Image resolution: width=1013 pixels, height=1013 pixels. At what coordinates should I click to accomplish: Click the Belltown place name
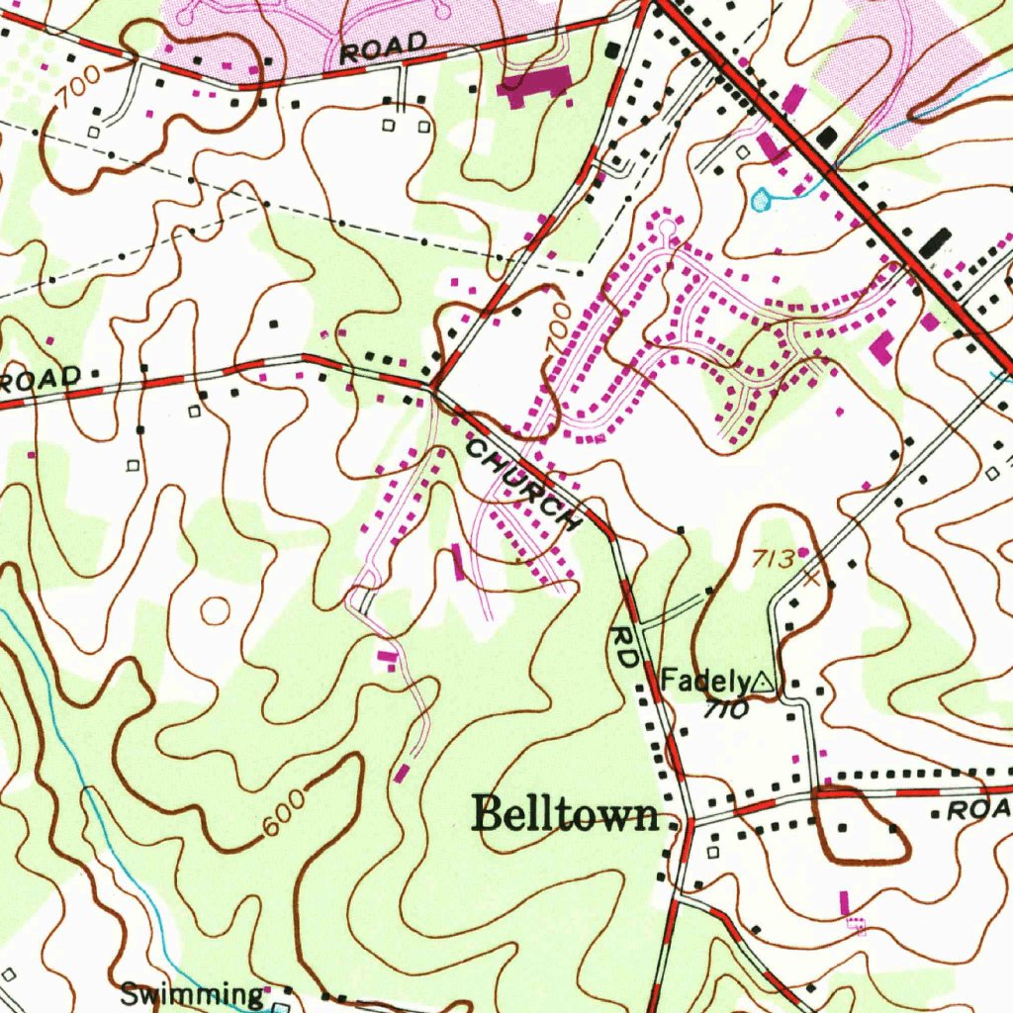[x=567, y=813]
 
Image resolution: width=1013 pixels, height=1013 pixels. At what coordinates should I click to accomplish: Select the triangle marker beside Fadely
[x=763, y=681]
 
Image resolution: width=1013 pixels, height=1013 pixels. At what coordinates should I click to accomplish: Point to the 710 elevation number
[x=726, y=709]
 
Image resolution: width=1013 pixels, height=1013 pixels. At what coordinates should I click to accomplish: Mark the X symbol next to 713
[x=812, y=577]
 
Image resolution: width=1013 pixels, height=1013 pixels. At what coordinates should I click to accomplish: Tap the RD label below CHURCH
[x=626, y=650]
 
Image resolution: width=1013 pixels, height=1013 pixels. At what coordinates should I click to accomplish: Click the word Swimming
[x=191, y=994]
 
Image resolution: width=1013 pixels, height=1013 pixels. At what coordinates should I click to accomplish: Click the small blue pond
[x=760, y=201]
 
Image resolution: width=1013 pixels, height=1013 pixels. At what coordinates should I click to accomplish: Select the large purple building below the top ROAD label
[x=535, y=84]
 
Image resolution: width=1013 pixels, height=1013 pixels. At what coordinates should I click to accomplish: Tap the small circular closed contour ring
[x=215, y=611]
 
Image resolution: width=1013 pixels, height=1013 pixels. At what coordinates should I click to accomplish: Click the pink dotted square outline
[x=857, y=925]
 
